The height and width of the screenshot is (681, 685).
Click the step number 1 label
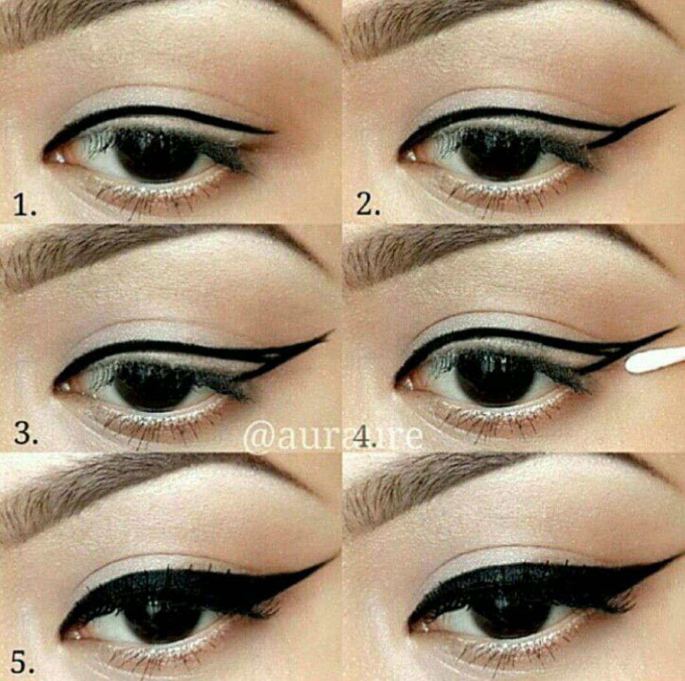click(25, 206)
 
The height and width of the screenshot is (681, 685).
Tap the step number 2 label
click(368, 206)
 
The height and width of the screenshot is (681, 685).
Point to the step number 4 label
click(364, 438)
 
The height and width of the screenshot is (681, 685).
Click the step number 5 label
click(22, 663)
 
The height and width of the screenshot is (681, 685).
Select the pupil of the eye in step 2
click(500, 155)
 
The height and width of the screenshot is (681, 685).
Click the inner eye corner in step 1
click(51, 155)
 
